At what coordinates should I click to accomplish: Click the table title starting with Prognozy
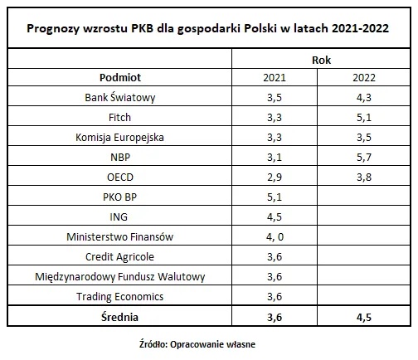pos(209,27)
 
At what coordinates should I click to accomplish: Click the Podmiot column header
pos(120,77)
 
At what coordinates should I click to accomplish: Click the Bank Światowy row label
pos(120,98)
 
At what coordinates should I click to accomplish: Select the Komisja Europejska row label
pos(120,138)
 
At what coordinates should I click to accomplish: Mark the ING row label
pos(120,217)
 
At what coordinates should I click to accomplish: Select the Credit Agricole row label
pos(120,256)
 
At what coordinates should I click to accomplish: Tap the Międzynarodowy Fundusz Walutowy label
pos(120,276)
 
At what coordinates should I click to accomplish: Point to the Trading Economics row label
pos(120,296)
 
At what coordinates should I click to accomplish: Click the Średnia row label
pos(120,316)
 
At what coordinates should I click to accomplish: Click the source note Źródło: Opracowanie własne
pos(209,342)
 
